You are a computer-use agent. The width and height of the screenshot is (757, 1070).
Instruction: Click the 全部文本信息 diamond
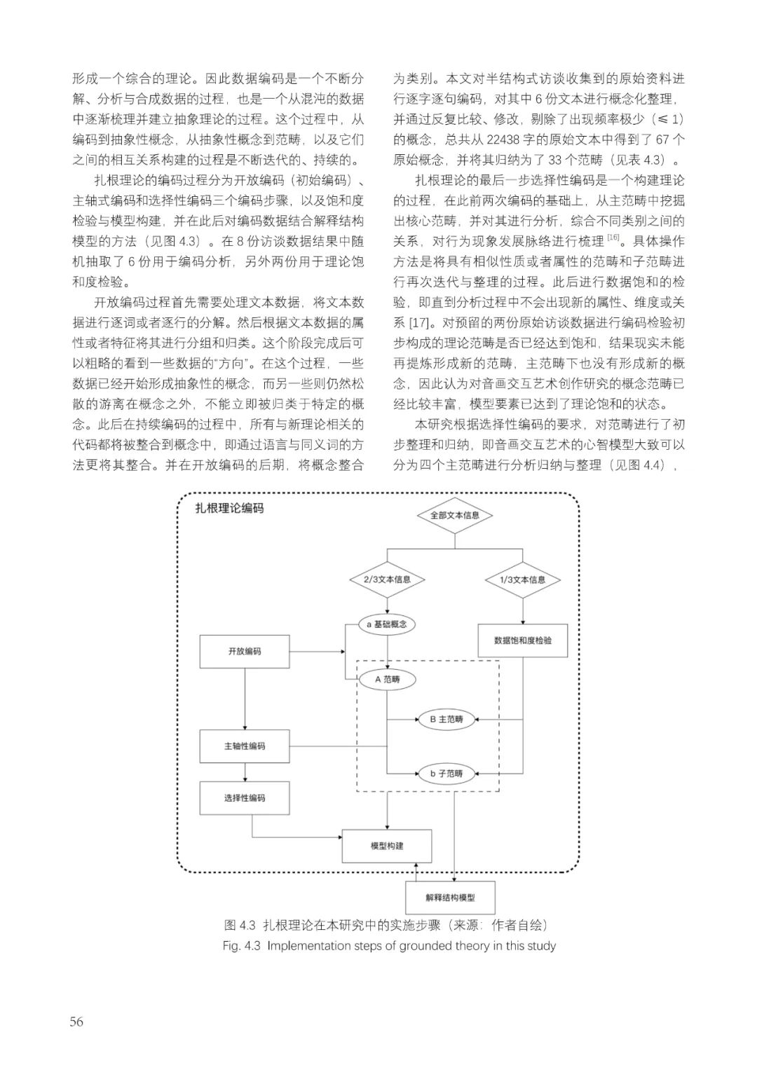pos(454,515)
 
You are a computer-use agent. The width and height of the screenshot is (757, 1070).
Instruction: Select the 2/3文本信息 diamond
pos(387,579)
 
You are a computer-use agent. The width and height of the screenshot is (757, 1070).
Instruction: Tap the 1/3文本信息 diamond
pos(522,579)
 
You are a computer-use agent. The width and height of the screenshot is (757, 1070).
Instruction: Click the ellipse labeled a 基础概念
pos(387,624)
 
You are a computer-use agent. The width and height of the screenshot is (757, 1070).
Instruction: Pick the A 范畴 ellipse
pos(387,679)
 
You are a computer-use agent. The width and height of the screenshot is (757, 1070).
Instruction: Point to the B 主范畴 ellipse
pos(447,720)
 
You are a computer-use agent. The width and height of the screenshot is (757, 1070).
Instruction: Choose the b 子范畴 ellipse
pos(447,774)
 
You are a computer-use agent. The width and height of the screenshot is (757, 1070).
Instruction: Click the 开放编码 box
pos(245,651)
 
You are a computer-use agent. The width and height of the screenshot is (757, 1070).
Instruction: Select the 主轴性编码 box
pos(245,746)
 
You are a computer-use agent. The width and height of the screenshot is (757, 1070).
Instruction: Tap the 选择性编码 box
pos(245,797)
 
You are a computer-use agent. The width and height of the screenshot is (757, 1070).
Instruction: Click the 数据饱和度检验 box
pos(523,640)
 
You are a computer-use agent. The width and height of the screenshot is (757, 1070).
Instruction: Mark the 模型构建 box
pos(387,846)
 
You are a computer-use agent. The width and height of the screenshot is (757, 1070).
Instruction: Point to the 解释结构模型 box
pos(450,898)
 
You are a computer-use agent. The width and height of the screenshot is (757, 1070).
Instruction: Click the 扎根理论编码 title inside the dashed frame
pos(229,508)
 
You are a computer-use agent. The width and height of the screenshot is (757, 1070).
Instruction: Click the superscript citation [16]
pos(613,237)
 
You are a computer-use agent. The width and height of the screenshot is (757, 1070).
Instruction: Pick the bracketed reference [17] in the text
pos(418,324)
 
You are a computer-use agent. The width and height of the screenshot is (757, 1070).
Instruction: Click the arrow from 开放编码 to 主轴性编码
pos(245,699)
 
